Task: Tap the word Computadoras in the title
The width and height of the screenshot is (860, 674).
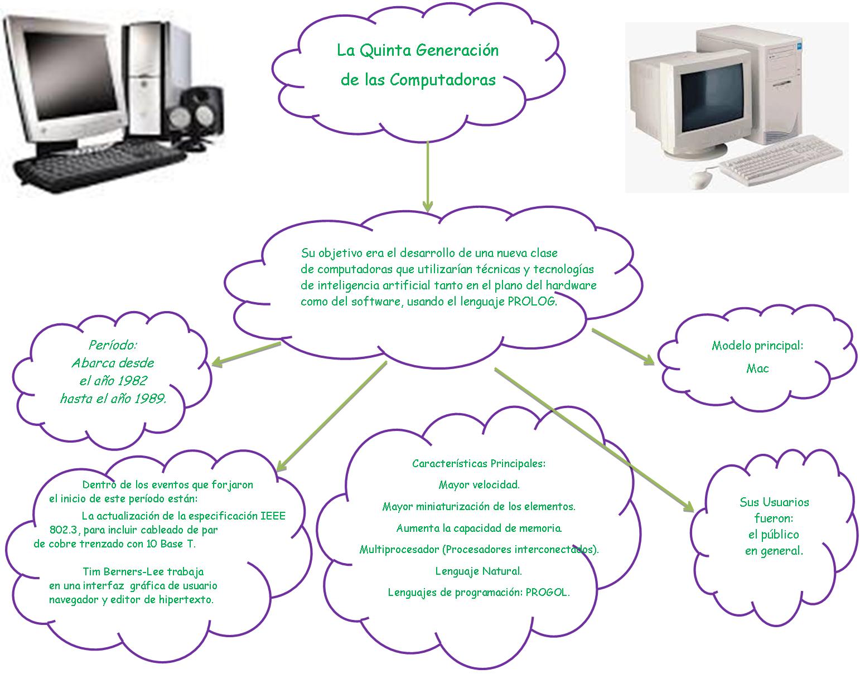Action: tap(442, 80)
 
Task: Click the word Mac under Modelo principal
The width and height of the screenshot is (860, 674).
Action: tap(757, 368)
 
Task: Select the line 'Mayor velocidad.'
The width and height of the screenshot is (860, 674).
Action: tap(479, 484)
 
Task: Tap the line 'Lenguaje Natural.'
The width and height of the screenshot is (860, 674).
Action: tap(479, 571)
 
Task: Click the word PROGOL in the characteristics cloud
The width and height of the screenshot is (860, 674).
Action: tap(548, 593)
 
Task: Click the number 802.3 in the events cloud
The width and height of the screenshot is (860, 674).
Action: tap(65, 530)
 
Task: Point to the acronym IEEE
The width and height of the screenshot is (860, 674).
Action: tap(273, 516)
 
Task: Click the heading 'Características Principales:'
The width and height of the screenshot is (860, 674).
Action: tap(479, 463)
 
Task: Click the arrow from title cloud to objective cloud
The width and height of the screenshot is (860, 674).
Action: tap(428, 176)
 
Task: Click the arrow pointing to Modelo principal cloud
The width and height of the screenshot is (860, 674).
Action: tap(623, 347)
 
